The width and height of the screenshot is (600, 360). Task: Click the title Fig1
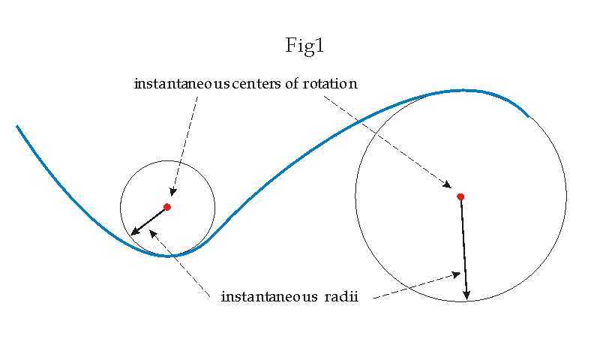point(304,46)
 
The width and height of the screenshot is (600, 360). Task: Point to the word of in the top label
point(297,84)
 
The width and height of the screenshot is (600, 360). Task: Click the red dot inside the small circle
point(167,207)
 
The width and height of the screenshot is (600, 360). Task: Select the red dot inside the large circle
point(460,196)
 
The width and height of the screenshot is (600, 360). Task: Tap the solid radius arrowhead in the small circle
point(135,232)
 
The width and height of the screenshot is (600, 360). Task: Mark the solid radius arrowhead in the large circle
point(466,294)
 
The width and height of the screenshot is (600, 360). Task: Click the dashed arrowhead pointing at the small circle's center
point(173,193)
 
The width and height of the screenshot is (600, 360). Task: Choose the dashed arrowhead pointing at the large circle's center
point(448,185)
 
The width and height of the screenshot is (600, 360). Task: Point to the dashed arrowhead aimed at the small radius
point(153,231)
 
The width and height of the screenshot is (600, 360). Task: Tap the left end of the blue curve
point(17,127)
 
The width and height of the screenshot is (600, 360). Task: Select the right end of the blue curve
point(528,117)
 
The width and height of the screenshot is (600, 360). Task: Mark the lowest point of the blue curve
point(169,256)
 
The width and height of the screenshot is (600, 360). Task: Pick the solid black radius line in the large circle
point(463,244)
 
